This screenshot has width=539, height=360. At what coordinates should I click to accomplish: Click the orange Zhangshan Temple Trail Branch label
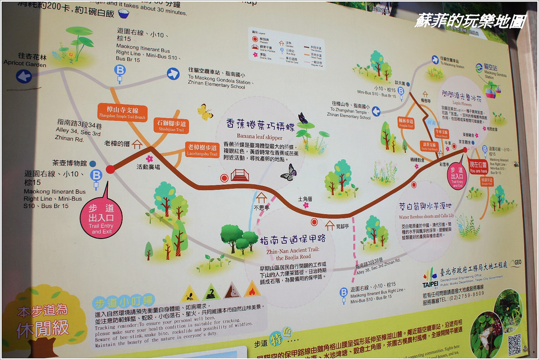pos(122,112)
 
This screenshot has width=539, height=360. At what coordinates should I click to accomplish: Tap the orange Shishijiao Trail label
pos(172,126)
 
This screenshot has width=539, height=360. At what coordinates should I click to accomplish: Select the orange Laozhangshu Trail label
pos(202,149)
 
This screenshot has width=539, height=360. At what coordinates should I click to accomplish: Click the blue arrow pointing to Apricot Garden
pos(24,76)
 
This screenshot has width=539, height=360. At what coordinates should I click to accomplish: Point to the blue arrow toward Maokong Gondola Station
pos(173,74)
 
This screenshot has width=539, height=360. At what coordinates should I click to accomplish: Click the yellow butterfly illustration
pos(205,112)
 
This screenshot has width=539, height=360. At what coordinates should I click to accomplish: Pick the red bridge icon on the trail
pos(239,175)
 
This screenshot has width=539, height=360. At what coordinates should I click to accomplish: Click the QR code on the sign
pos(514,344)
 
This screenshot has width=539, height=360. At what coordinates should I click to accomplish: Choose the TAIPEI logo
pos(430,278)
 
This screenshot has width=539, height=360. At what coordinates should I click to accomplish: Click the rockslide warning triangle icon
pos(232,291)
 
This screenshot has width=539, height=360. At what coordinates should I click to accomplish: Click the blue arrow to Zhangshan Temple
pos(376,111)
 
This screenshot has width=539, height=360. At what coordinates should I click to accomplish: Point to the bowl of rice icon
pos(124,13)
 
